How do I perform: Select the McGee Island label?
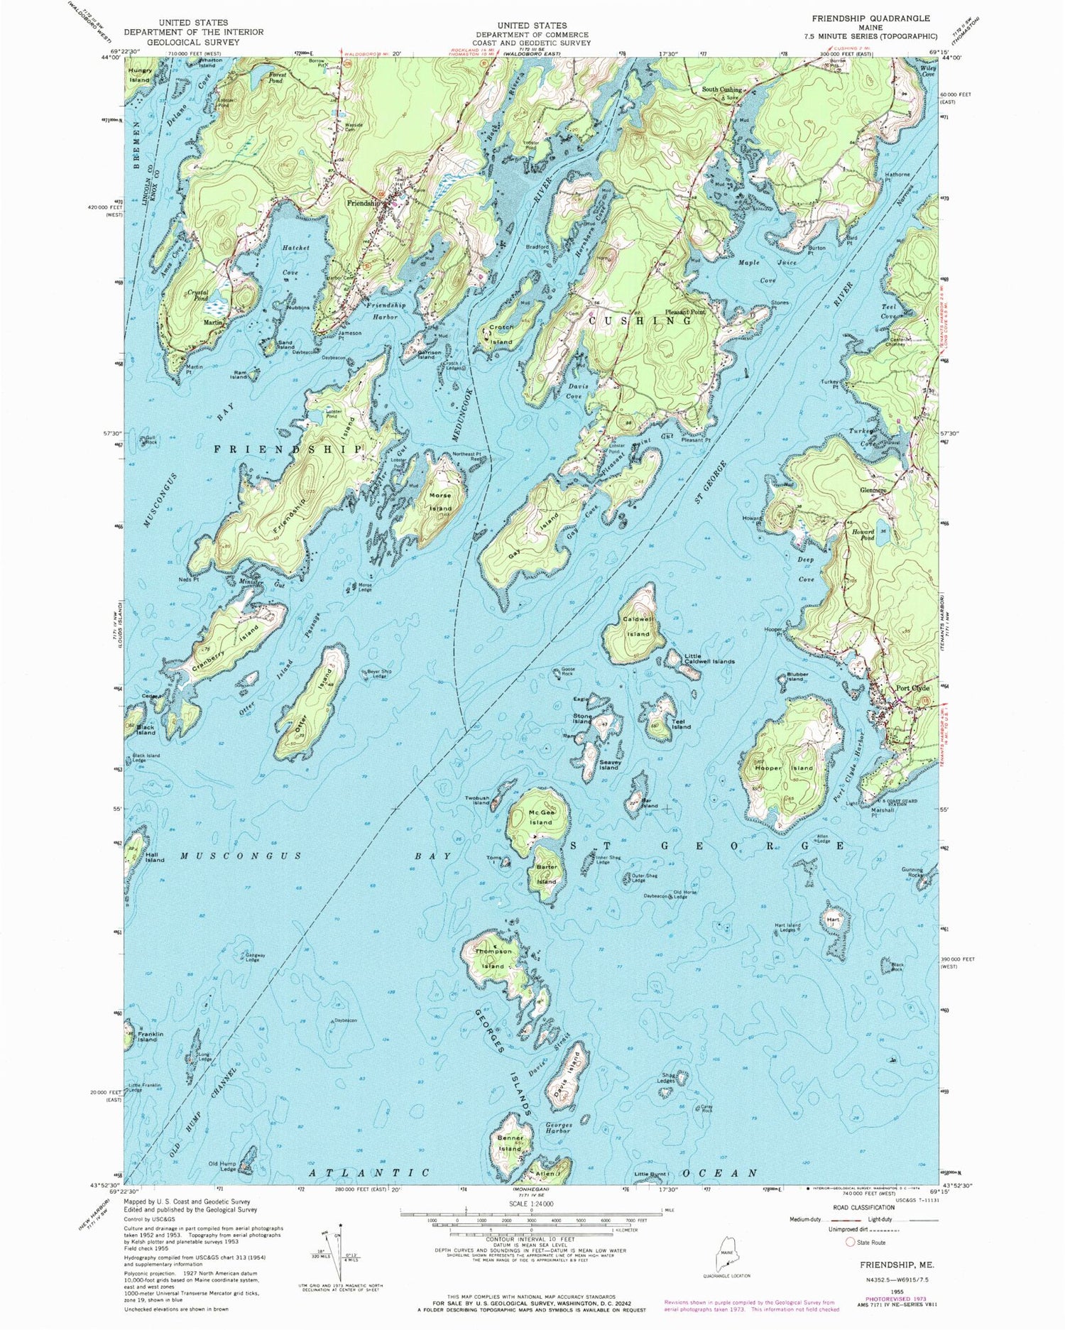540,817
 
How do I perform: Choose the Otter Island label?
310,703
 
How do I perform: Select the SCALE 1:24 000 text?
531,1204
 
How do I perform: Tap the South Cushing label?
721,90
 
